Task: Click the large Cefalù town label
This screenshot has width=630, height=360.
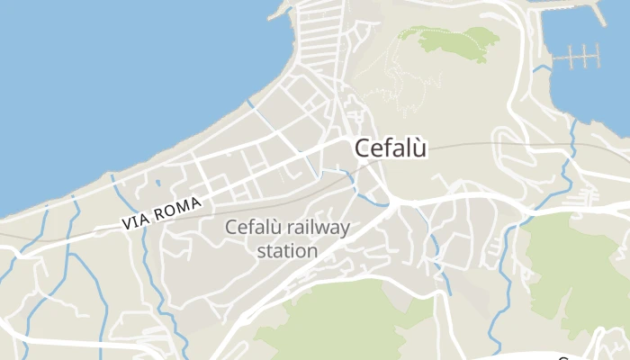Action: coord(391,148)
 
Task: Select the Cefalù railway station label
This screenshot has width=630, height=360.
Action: coord(287,239)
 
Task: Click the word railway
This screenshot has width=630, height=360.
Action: coord(315,229)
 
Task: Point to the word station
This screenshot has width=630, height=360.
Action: coord(287,251)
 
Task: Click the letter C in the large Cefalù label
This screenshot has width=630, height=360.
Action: coord(363,148)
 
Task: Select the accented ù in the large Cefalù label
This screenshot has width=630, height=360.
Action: coord(419,149)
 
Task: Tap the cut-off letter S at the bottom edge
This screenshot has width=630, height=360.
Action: coord(564,356)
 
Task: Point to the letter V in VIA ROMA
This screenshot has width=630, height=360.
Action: coord(126,225)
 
